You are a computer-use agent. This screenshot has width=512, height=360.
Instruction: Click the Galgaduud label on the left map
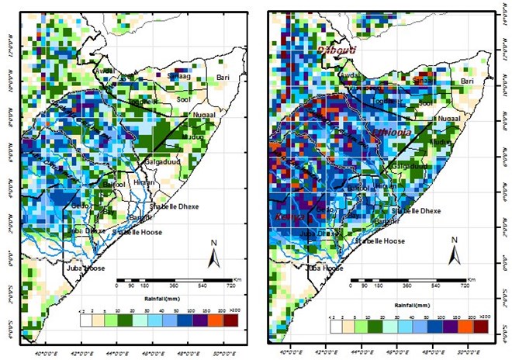162,161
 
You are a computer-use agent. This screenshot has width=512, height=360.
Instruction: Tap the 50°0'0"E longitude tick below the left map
224,340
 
